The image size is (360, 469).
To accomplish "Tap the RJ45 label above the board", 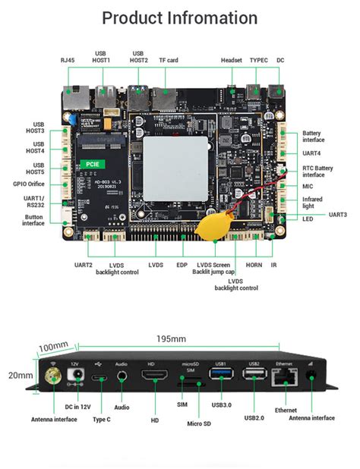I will pos(68,59).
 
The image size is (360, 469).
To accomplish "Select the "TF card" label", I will pos(169,59).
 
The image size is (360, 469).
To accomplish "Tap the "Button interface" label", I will pos(32,220).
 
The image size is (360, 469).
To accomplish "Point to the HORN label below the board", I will pos(254,265).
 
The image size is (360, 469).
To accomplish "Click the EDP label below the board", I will pos(182,265).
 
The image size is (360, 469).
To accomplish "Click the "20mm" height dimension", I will pos(21,375).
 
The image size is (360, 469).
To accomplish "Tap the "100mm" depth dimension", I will pos(54,347).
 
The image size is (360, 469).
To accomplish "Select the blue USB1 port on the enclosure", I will pos(222,374).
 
